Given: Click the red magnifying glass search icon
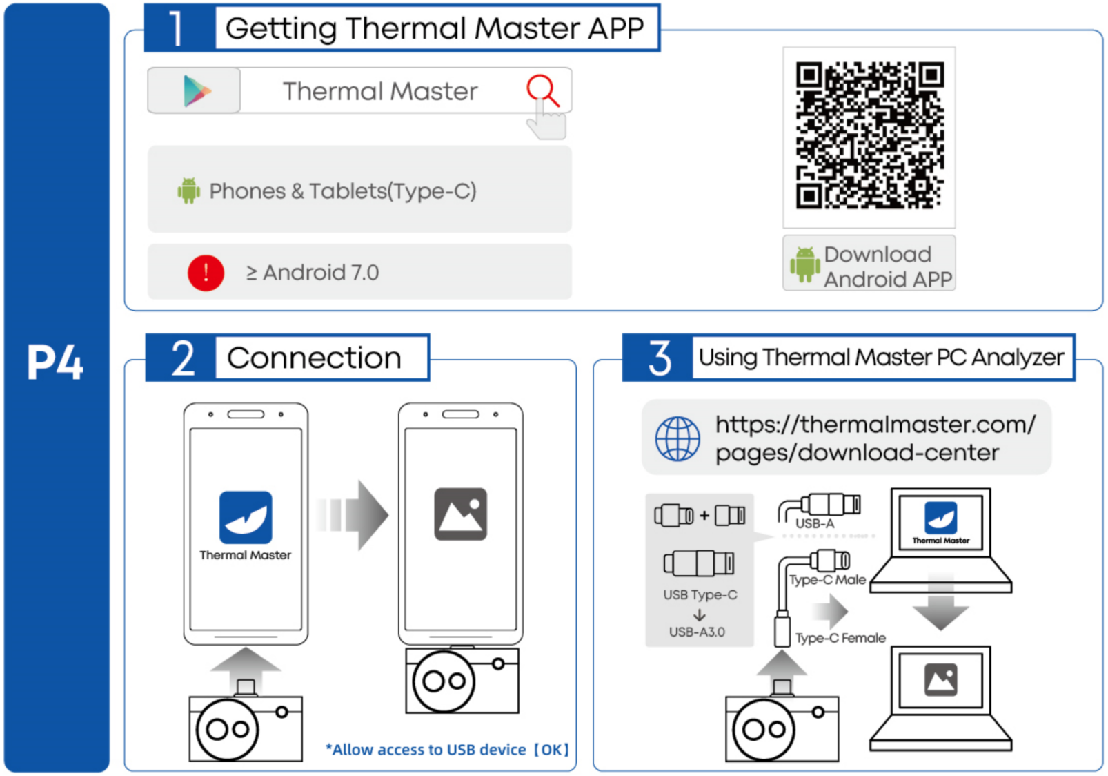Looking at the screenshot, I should click(x=542, y=90).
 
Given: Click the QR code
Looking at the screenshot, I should click(x=869, y=136).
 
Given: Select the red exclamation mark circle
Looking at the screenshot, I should click(x=206, y=273).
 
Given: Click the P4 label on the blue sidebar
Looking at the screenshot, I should click(x=55, y=362).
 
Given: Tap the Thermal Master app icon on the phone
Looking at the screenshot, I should click(x=246, y=517).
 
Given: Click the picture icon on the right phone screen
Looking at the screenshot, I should click(x=460, y=514).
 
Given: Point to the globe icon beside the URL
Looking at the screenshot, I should click(x=677, y=438).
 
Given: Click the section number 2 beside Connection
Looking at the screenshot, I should click(x=183, y=358).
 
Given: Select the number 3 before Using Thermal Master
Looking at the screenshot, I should click(x=659, y=358).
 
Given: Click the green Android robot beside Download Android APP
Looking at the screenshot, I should click(x=804, y=264).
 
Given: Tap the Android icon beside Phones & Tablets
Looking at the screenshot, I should click(x=188, y=191).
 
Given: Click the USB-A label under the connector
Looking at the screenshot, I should click(x=815, y=524).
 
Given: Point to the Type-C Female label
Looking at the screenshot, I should click(x=840, y=638).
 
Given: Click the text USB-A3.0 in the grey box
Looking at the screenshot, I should click(x=697, y=632).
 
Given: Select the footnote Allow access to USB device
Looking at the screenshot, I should click(x=447, y=750).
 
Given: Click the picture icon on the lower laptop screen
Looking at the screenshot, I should click(x=940, y=679).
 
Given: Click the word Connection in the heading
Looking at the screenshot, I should click(x=314, y=358).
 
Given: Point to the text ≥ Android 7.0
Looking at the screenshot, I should click(x=313, y=273).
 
